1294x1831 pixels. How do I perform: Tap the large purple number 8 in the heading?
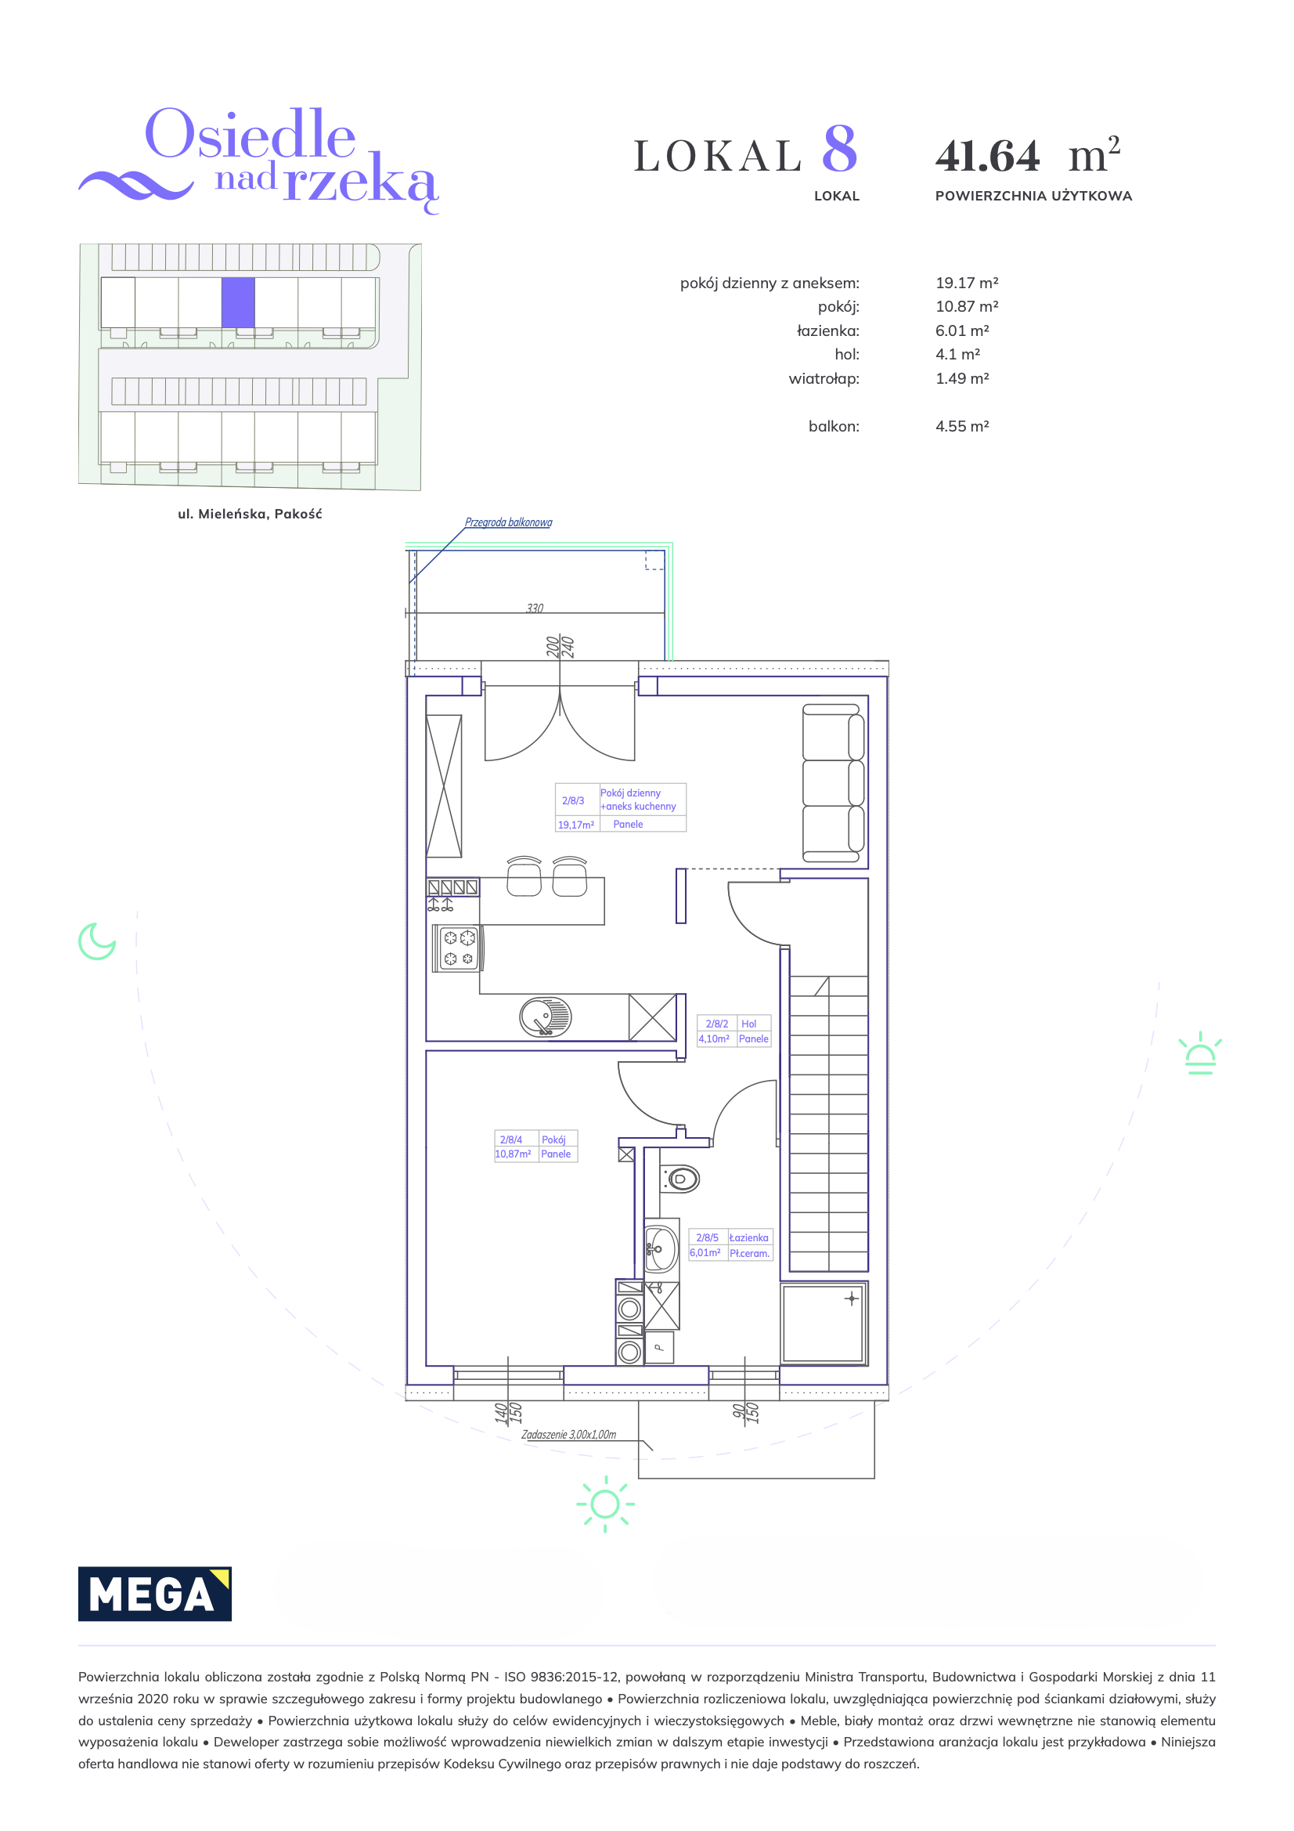839,149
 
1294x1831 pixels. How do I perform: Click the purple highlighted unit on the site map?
239,302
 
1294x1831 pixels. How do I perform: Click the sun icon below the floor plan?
605,1504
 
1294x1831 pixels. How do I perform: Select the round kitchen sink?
546,1017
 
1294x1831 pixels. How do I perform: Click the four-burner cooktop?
458,948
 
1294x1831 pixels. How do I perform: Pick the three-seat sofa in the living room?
833,784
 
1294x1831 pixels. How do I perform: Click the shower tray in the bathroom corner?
823,1324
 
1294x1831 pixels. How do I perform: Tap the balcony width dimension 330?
535,608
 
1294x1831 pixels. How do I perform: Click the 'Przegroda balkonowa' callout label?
509,522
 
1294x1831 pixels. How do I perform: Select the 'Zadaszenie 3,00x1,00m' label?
568,1435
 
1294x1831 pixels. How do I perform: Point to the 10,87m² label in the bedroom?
513,1154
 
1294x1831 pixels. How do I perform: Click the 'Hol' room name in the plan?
748,1024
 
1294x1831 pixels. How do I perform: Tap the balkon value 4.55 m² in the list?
962,427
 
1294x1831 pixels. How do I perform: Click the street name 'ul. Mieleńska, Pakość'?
251,515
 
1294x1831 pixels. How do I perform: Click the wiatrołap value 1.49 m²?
962,379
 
